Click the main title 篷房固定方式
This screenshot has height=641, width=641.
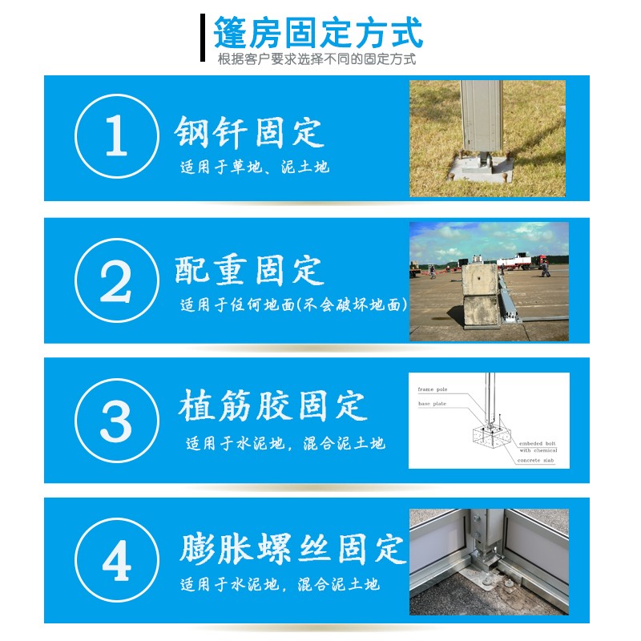pyautogui.click(x=318, y=34)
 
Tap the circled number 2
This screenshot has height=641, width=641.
pyautogui.click(x=115, y=280)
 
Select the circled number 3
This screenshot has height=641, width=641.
pyautogui.click(x=115, y=420)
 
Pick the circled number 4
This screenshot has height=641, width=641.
pyautogui.click(x=115, y=561)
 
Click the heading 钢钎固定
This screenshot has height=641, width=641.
pyautogui.click(x=249, y=133)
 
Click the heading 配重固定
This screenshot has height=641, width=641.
pyautogui.click(x=249, y=271)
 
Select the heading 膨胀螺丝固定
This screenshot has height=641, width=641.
pyautogui.click(x=292, y=549)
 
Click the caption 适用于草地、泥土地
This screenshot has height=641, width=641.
pyautogui.click(x=254, y=168)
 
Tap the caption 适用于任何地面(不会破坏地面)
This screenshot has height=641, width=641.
pyautogui.click(x=293, y=305)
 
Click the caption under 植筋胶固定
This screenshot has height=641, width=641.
pyautogui.click(x=284, y=443)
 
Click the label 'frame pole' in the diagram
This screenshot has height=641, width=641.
pyautogui.click(x=433, y=389)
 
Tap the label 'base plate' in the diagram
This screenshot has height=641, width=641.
pyautogui.click(x=433, y=404)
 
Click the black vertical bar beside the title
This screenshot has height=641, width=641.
pyautogui.click(x=203, y=37)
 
